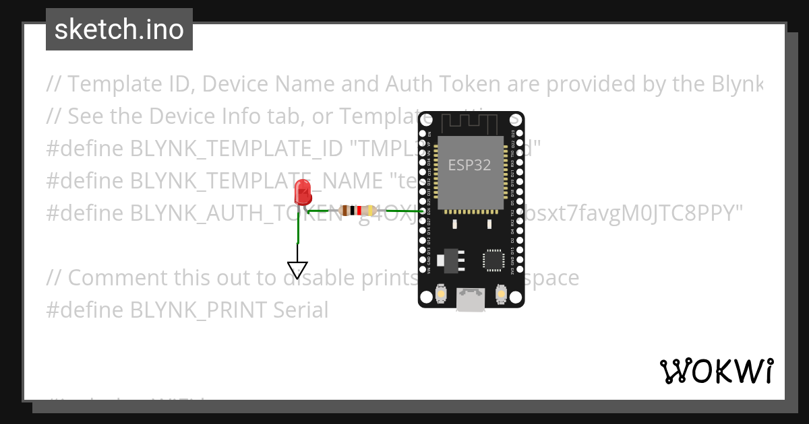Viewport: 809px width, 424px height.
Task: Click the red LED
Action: pyautogui.click(x=303, y=192)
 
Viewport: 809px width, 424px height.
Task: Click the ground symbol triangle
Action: pyautogui.click(x=297, y=269)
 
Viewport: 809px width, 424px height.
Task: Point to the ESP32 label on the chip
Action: pyautogui.click(x=470, y=165)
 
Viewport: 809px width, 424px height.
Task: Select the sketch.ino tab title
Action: pyautogui.click(x=119, y=30)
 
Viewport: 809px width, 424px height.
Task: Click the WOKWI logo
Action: pyautogui.click(x=716, y=371)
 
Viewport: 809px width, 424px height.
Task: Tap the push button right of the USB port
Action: pyautogui.click(x=501, y=294)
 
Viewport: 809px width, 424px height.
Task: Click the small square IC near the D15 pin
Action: pyautogui.click(x=492, y=260)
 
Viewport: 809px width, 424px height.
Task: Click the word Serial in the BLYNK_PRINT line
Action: pyautogui.click(x=301, y=310)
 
